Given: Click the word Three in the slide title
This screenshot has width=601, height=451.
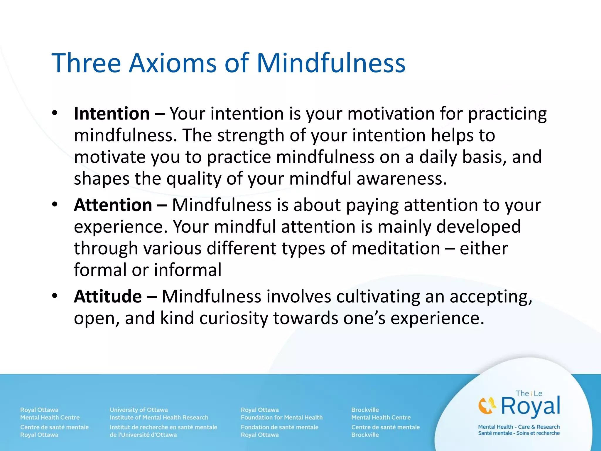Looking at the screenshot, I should click(x=86, y=63).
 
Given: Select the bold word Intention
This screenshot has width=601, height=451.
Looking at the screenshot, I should click(x=112, y=114).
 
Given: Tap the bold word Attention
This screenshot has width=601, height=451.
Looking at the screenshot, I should click(x=113, y=205).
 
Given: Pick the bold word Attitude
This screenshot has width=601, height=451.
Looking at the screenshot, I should click(x=108, y=296).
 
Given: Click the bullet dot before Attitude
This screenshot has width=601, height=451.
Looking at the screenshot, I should click(x=55, y=296).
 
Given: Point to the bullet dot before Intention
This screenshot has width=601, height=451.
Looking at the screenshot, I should click(x=55, y=113).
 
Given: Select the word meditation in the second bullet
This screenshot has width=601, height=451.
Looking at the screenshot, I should click(x=396, y=248).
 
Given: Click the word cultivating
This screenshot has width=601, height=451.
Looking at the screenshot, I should click(x=378, y=296).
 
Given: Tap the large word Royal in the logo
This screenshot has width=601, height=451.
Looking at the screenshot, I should click(x=531, y=406).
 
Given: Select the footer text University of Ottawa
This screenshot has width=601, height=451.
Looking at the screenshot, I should click(x=139, y=410).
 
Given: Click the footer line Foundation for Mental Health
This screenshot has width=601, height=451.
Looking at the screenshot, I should click(x=281, y=417).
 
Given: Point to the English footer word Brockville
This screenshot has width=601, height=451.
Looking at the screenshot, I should click(x=365, y=410).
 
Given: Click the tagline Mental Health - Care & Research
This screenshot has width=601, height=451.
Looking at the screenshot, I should click(x=519, y=427).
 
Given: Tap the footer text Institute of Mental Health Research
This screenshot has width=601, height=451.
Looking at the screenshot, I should click(x=159, y=417).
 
